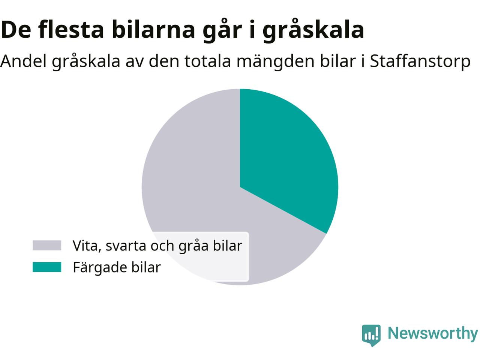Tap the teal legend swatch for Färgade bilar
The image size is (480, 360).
[47, 267]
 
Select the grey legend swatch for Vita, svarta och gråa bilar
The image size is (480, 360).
[47, 245]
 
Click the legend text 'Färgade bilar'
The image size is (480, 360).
[117, 267]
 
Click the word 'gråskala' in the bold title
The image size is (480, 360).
[313, 30]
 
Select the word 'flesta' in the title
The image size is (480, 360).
[71, 29]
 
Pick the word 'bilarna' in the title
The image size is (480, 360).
[153, 29]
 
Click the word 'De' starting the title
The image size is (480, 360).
[16, 30]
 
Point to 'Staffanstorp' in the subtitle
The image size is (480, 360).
[420, 61]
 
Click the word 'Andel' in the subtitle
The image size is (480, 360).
[24, 61]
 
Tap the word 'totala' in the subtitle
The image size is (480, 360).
[208, 61]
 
